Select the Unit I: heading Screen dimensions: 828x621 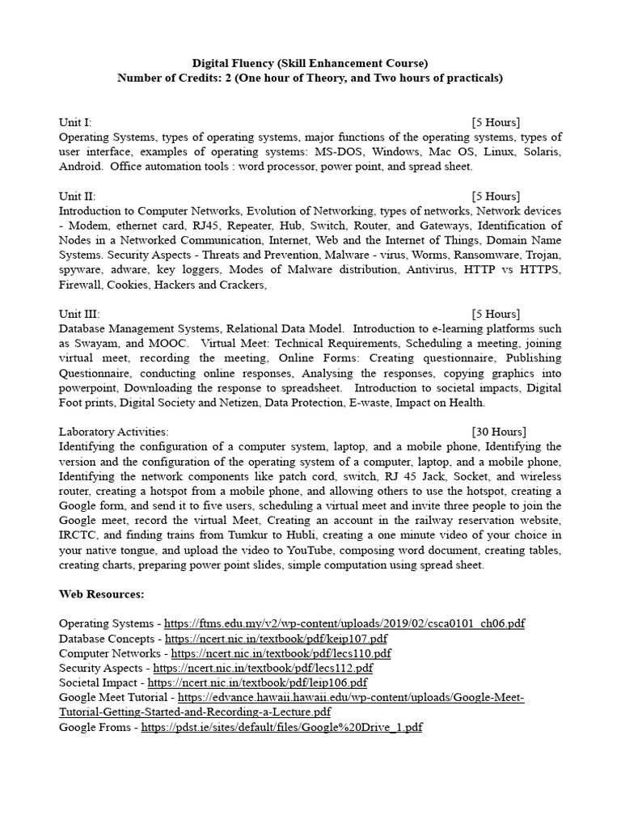[75, 122]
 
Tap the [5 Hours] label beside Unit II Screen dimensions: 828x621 [496, 196]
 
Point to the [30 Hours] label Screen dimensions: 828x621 [499, 432]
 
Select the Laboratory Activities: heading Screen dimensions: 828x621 [113, 432]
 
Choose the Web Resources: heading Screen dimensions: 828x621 [101, 594]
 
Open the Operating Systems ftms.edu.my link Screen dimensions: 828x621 [344, 624]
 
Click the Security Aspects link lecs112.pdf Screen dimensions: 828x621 [263, 668]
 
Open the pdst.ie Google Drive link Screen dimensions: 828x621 [281, 727]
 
